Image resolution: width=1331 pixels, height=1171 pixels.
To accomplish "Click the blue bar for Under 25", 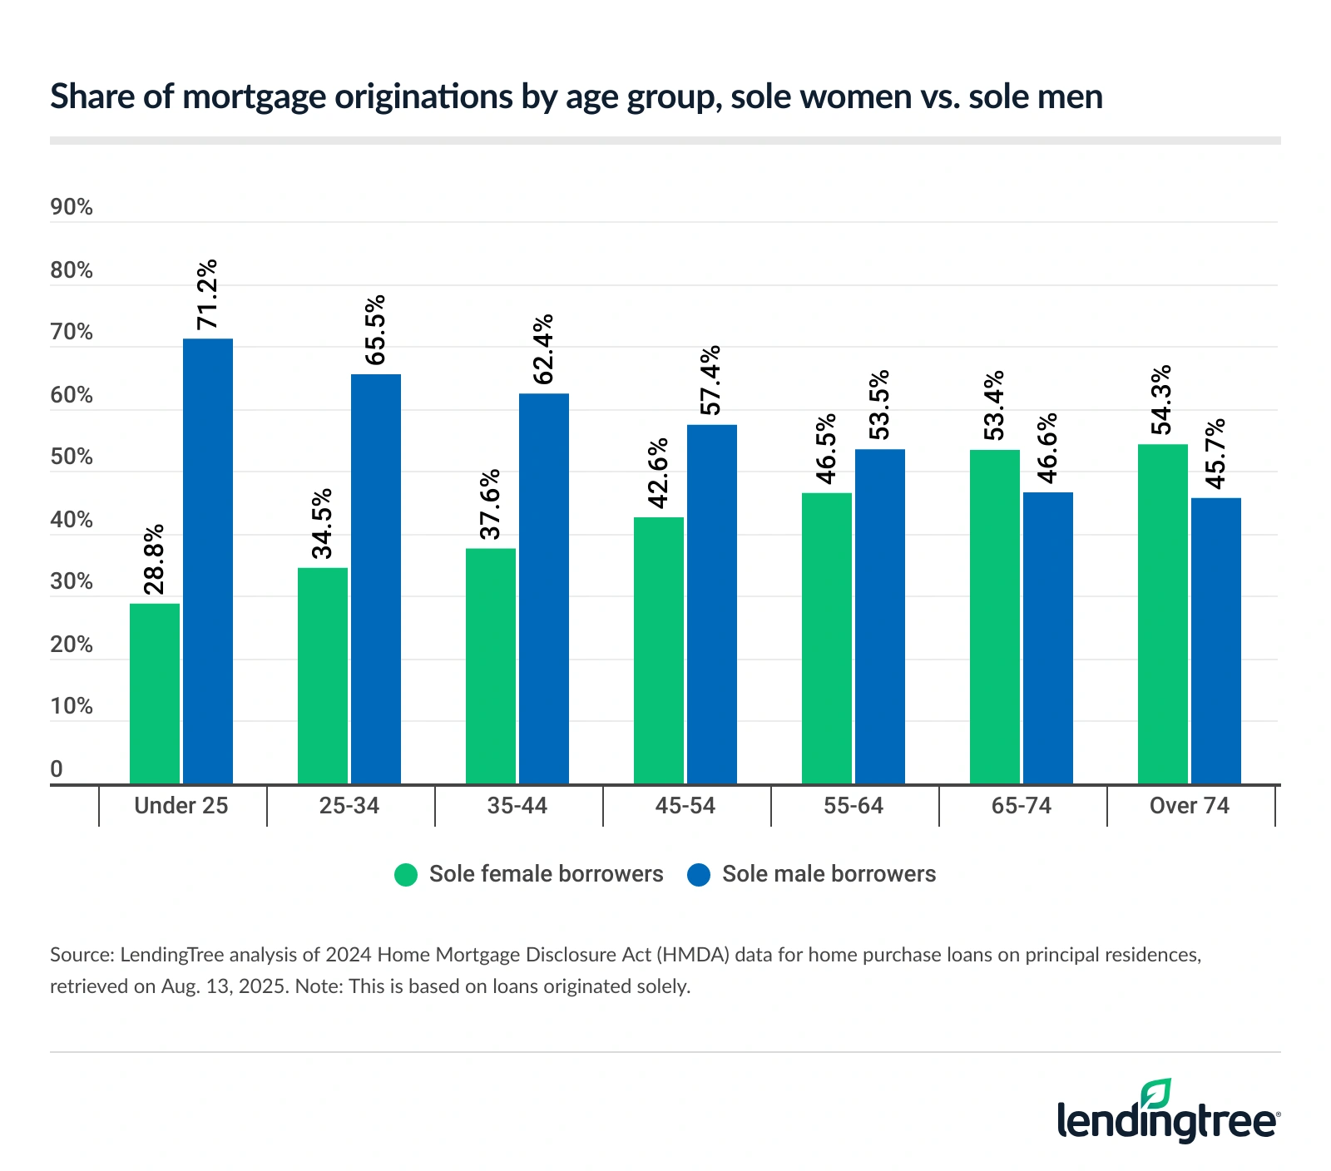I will click(x=208, y=561).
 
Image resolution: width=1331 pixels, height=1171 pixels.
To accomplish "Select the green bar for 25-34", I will click(x=323, y=675).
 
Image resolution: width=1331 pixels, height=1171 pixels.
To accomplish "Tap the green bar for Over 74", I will click(x=1163, y=614).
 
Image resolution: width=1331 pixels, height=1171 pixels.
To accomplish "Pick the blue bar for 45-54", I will click(x=712, y=604).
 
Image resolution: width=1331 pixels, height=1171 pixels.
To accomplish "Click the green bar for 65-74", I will click(x=995, y=616).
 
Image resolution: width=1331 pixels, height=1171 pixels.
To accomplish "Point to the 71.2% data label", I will click(x=206, y=294).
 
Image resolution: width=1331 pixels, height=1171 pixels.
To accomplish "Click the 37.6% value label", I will click(x=491, y=504).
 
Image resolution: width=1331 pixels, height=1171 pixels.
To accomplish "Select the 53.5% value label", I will click(x=879, y=405).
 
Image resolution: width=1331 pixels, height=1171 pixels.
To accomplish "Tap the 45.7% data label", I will click(x=1215, y=454).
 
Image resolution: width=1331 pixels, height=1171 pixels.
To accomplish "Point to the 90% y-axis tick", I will click(x=72, y=207).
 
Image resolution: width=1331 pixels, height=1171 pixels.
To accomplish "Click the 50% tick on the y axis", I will click(x=72, y=457).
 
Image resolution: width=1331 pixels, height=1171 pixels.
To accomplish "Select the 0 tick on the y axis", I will click(x=57, y=769).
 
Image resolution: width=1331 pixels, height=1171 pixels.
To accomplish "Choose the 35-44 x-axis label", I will click(x=517, y=806).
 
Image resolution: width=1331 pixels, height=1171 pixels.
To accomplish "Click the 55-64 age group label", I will click(x=854, y=806).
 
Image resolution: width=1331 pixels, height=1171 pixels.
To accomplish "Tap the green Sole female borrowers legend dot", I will click(x=406, y=875).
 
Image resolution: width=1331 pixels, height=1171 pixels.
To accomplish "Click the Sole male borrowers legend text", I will click(x=829, y=874).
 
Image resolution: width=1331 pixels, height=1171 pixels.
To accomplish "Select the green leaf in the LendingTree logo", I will click(x=1155, y=1093).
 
